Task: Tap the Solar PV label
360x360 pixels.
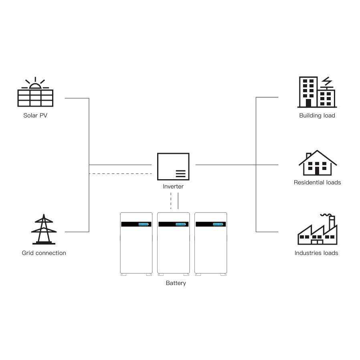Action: pyautogui.click(x=35, y=116)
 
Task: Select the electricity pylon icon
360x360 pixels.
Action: pyautogui.click(x=44, y=229)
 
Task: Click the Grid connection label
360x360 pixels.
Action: pyautogui.click(x=44, y=253)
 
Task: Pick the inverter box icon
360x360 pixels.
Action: pyautogui.click(x=173, y=166)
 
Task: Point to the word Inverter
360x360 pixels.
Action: pyautogui.click(x=173, y=186)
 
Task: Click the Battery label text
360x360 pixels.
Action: pyautogui.click(x=176, y=283)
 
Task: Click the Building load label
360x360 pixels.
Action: pyautogui.click(x=317, y=115)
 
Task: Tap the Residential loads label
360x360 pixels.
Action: pyautogui.click(x=317, y=182)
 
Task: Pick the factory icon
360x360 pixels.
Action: pyautogui.click(x=317, y=230)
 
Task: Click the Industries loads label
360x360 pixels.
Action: pyautogui.click(x=316, y=253)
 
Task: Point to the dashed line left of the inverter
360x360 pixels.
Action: pyautogui.click(x=120, y=174)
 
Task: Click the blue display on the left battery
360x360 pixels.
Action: pyautogui.click(x=143, y=224)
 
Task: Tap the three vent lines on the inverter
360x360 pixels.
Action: pyautogui.click(x=180, y=174)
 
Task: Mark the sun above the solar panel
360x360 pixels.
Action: pyautogui.click(x=35, y=85)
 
